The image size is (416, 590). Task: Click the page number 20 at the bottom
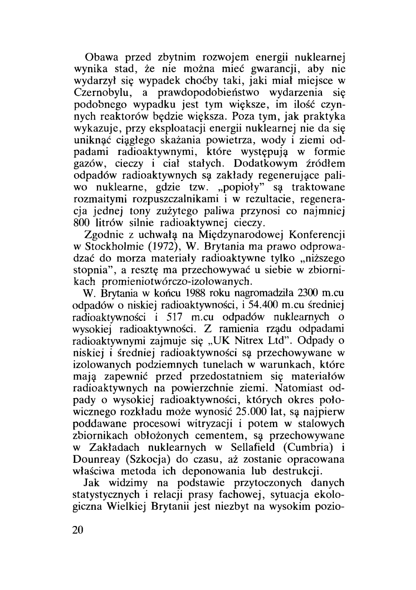[78, 531]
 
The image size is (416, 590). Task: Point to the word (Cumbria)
[310, 448]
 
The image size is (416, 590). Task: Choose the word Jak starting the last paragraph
[91, 483]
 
